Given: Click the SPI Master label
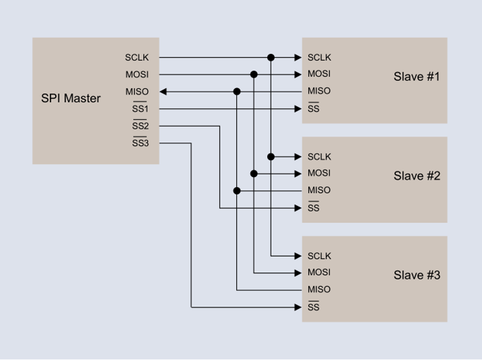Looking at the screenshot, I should (x=70, y=98).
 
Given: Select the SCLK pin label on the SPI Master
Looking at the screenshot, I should (x=136, y=57).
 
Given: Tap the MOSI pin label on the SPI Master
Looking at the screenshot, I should (x=136, y=74).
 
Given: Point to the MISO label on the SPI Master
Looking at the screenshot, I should (x=136, y=92).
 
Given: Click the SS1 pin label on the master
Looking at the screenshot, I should (x=140, y=109).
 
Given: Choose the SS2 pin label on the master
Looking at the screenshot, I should (x=140, y=126).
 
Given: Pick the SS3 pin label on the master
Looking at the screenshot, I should (x=140, y=143).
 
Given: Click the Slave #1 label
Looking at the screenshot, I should (x=416, y=77).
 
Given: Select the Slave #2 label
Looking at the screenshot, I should (x=416, y=176).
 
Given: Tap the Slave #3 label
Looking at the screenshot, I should (x=416, y=275).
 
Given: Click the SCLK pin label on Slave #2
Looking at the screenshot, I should (x=319, y=157).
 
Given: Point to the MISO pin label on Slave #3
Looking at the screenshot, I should (x=319, y=289).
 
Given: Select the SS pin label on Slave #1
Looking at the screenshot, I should (x=314, y=109).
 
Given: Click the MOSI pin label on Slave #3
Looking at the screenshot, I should (x=319, y=272).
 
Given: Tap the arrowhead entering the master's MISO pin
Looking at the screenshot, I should (x=163, y=92).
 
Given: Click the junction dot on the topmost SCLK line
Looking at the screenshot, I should (x=271, y=57).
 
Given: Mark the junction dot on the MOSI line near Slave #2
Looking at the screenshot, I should (x=254, y=174).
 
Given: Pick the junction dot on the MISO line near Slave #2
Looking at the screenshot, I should (x=237, y=190).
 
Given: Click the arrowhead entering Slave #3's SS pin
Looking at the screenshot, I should (x=298, y=307).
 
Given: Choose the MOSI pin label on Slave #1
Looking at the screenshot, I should (x=319, y=74).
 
